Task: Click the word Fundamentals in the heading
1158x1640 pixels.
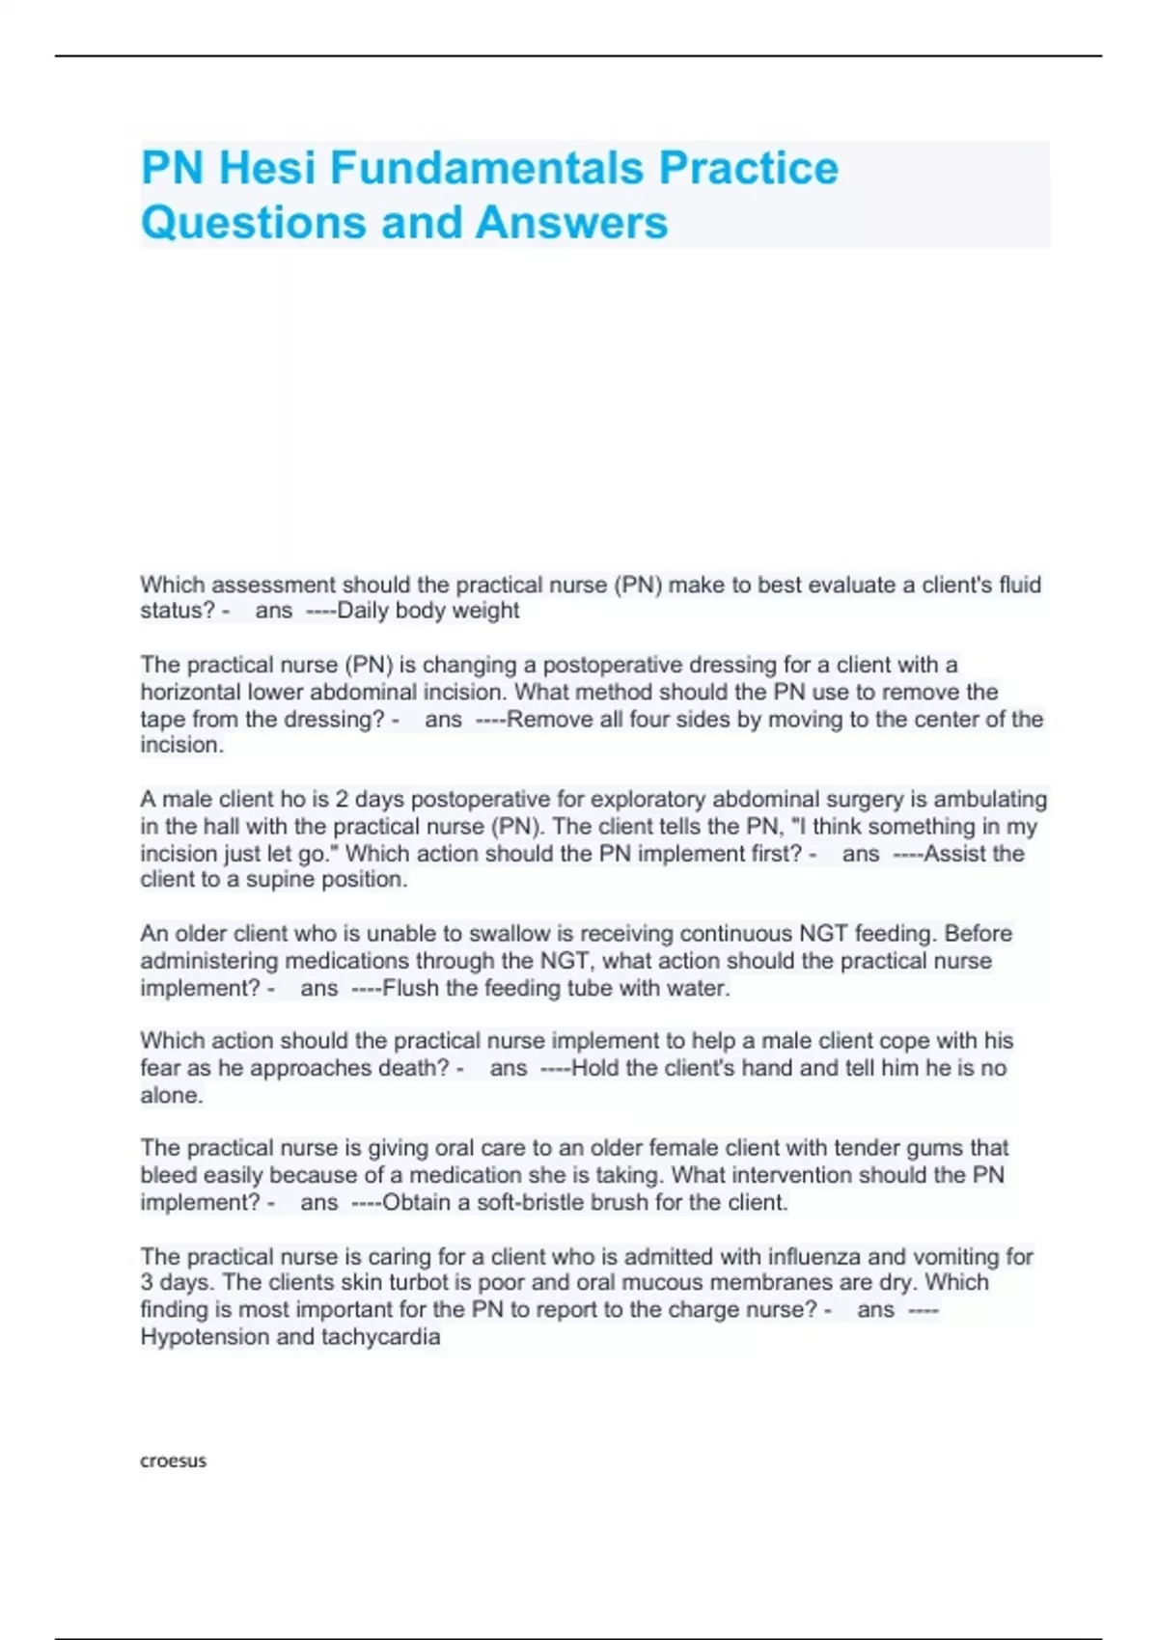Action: click(486, 168)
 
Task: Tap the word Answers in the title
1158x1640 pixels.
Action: click(571, 222)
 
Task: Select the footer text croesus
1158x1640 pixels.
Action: click(173, 1461)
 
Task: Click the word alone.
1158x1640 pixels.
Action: click(171, 1096)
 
